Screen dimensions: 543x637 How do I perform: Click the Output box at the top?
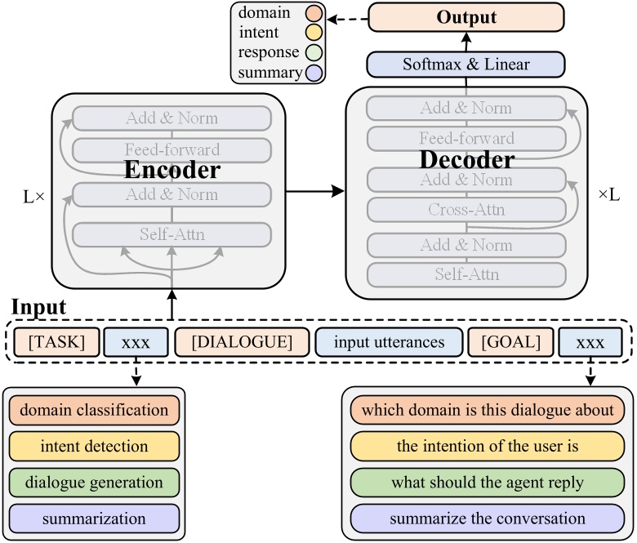465,16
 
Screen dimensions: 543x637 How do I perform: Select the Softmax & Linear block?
465,64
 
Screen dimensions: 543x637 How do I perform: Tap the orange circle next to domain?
313,14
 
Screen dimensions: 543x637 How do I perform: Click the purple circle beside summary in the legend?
313,73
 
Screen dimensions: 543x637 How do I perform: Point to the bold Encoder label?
171,170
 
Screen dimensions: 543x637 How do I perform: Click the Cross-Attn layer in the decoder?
465,210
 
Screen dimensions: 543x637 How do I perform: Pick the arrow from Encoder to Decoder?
314,192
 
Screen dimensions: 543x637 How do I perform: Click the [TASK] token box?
56,341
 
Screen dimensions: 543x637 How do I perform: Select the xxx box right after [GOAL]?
590,341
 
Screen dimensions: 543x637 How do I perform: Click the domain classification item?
94,411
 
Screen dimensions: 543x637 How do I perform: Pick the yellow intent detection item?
94,447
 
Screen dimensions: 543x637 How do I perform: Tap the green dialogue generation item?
94,483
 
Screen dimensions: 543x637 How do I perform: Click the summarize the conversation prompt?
488,518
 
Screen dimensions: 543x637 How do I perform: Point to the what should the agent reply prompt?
488,483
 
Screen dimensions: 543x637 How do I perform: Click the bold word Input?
38,308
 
